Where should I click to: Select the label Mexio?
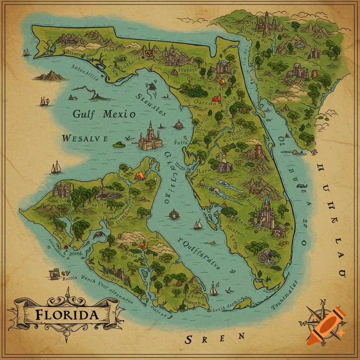pos(119,114)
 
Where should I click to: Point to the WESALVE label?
pos(85,139)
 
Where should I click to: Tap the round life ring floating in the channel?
pos(174,214)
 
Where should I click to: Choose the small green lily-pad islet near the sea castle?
pos(119,144)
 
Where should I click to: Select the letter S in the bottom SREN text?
pos(189,340)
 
